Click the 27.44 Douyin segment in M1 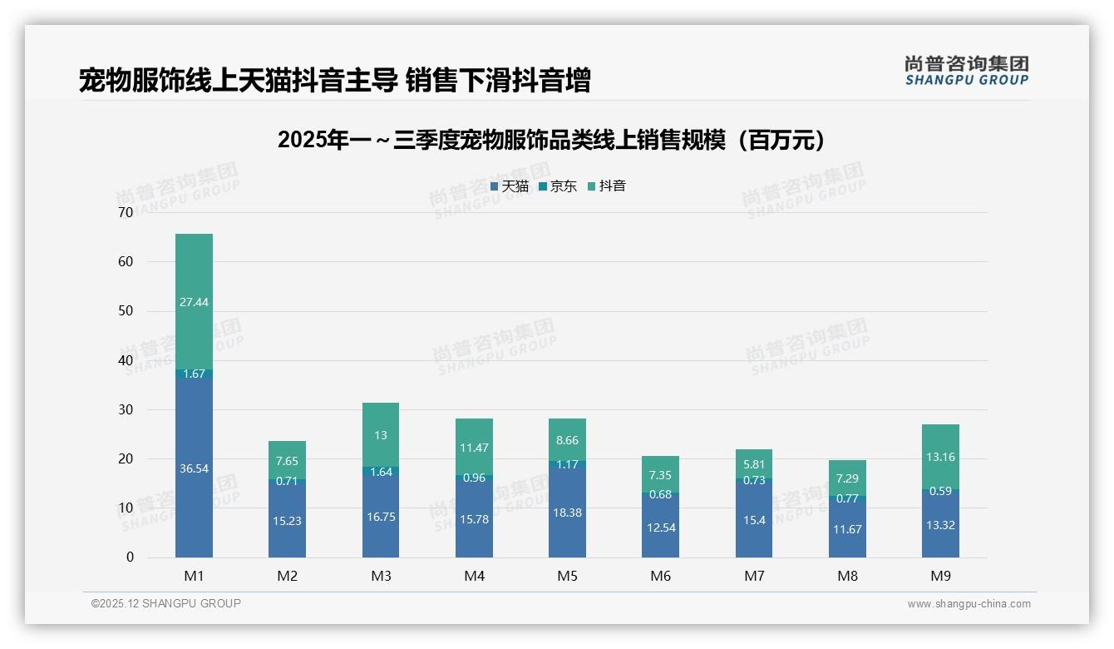(194, 301)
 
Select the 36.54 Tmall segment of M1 (194, 468)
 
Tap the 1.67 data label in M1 (194, 374)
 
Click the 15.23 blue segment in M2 (287, 520)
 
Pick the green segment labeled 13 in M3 (381, 434)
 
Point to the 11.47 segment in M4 (474, 447)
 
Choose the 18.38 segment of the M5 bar (567, 512)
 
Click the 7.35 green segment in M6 (660, 474)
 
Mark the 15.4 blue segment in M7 (754, 519)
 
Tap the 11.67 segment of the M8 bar (847, 528)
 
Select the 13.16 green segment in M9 (940, 456)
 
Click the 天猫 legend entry (509, 186)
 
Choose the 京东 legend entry (558, 186)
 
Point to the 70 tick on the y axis (126, 212)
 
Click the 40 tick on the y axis (126, 360)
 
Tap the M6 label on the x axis (660, 576)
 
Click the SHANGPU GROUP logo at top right (966, 71)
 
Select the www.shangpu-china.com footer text (969, 604)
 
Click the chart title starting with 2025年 (555, 140)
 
